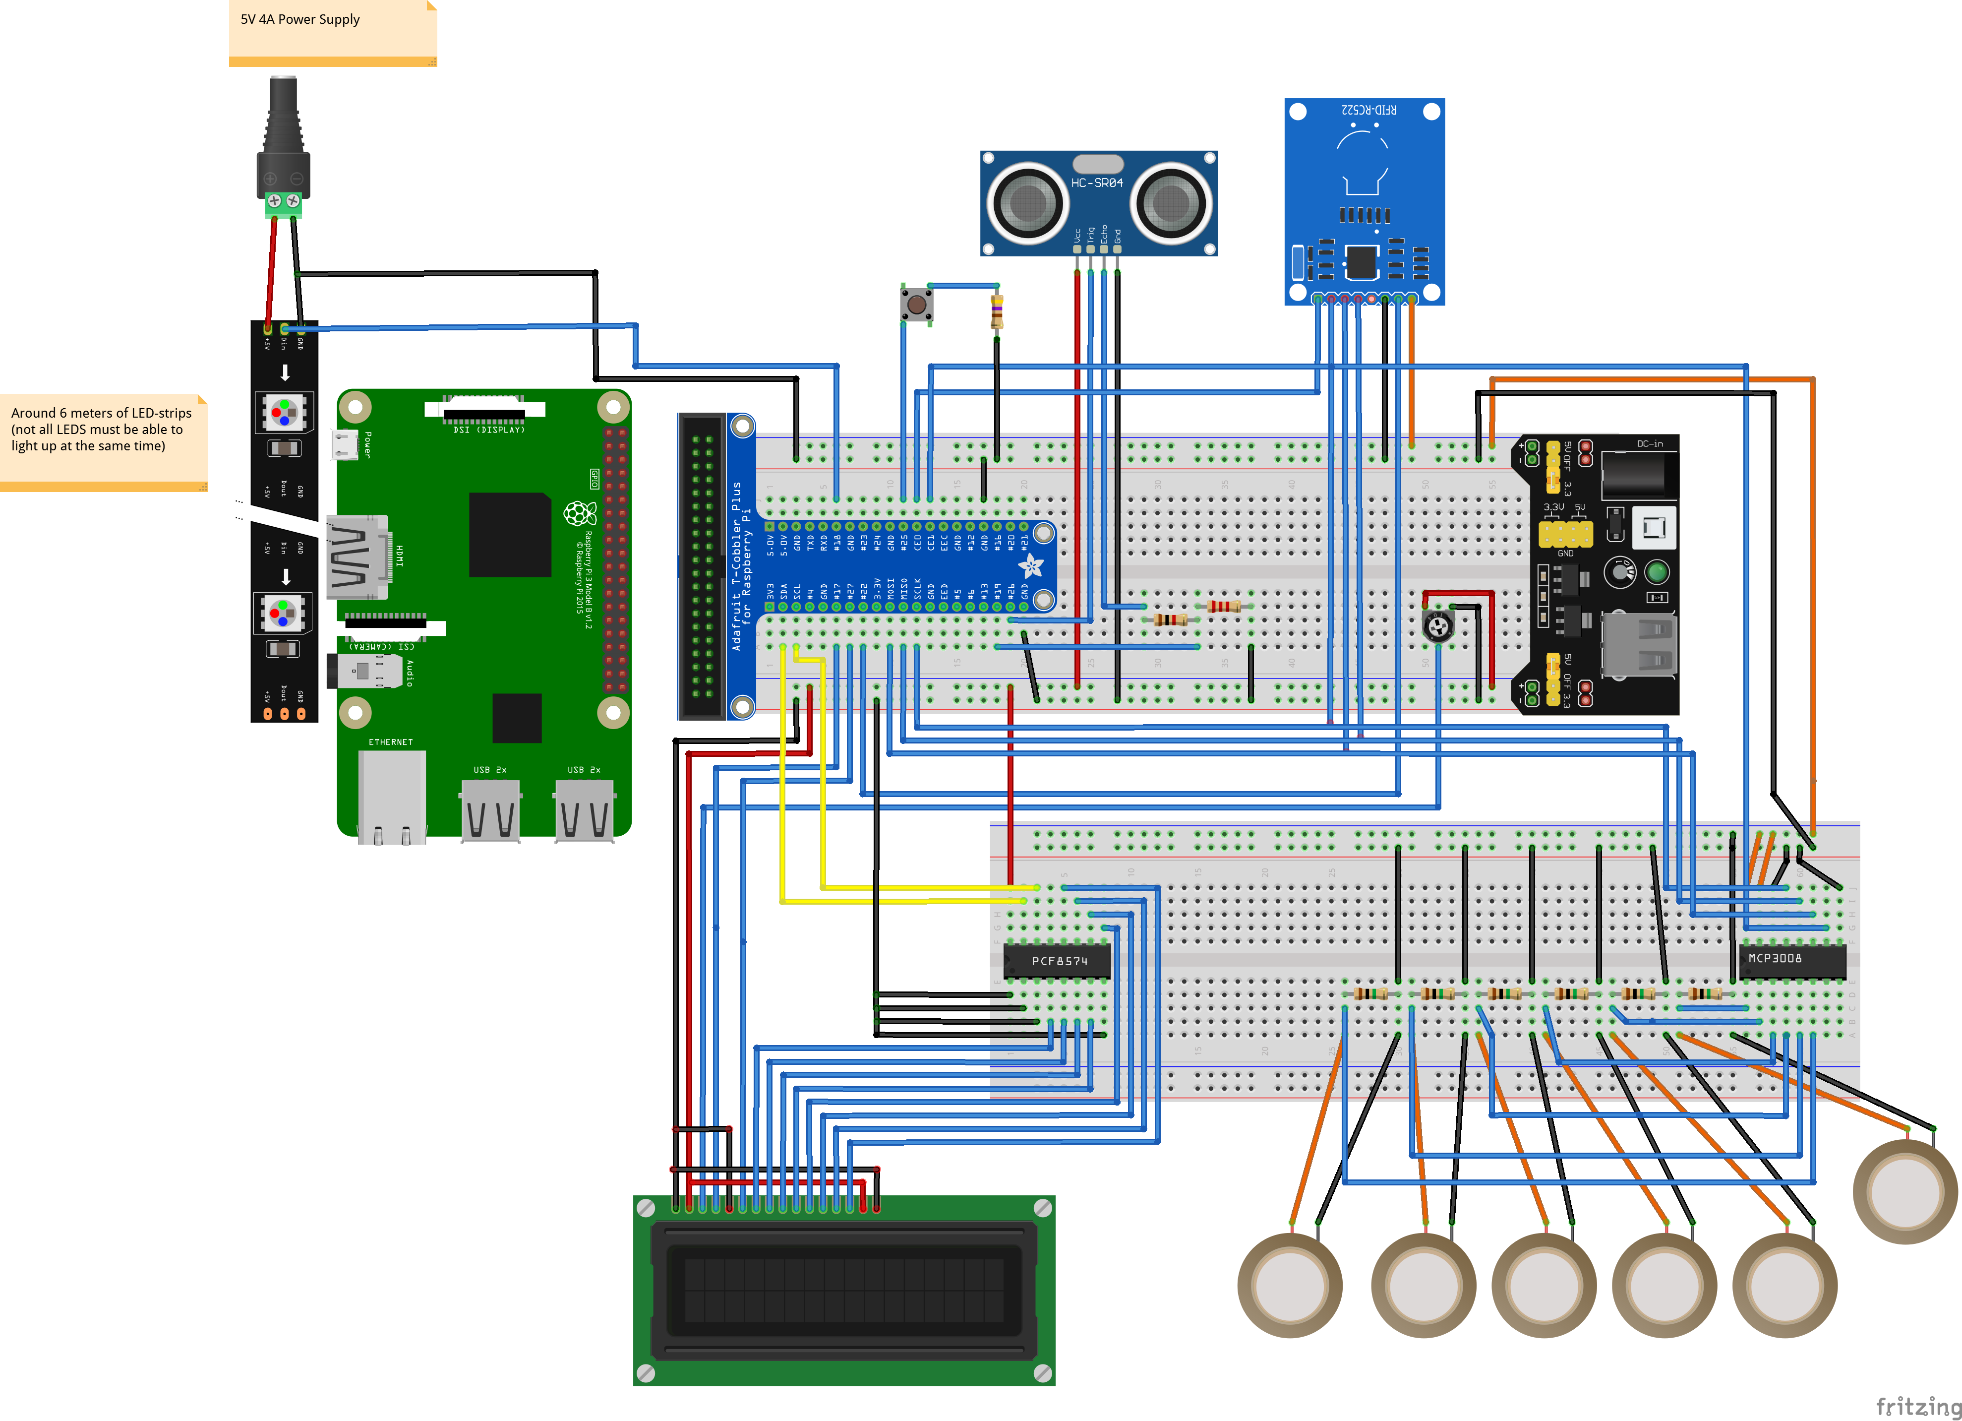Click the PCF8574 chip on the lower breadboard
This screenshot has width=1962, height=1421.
pyautogui.click(x=1057, y=961)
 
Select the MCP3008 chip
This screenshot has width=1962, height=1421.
pyautogui.click(x=1791, y=959)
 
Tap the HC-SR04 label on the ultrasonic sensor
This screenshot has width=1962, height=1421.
pyautogui.click(x=1096, y=183)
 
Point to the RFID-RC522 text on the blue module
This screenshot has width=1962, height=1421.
pyautogui.click(x=1368, y=110)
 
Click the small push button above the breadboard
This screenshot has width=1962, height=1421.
pyautogui.click(x=916, y=305)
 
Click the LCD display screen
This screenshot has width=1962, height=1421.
pyautogui.click(x=843, y=1290)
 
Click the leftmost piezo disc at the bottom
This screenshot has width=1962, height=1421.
pyautogui.click(x=1289, y=1285)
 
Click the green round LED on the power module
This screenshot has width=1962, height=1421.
pyautogui.click(x=1657, y=572)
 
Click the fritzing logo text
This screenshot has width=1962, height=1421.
pyautogui.click(x=1917, y=1406)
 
